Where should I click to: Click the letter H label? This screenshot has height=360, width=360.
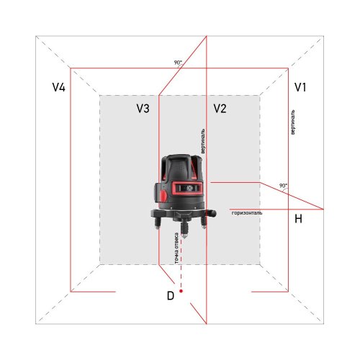coord(297,218)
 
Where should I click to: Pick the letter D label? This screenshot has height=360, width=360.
coord(170,295)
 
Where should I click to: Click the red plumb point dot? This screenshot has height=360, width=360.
coord(182,290)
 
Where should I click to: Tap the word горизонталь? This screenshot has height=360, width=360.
coord(247,213)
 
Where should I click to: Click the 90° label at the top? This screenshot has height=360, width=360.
coord(178,63)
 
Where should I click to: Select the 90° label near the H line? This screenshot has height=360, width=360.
coord(283,186)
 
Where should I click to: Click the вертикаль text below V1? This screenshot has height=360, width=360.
coord(292,124)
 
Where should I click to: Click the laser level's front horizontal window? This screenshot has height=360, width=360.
coord(183,189)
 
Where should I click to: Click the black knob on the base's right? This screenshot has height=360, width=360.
coord(212,214)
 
